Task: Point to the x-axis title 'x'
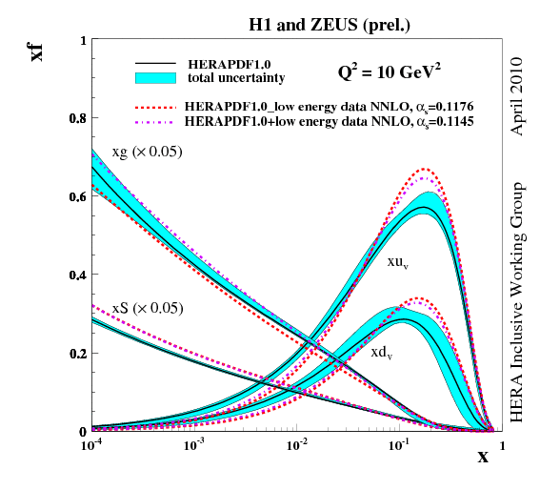(483, 457)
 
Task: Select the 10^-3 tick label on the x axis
(195, 445)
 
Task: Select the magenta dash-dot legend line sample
(157, 123)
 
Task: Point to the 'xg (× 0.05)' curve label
(147, 153)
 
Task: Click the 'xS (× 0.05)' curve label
(147, 308)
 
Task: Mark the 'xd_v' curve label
(382, 352)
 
